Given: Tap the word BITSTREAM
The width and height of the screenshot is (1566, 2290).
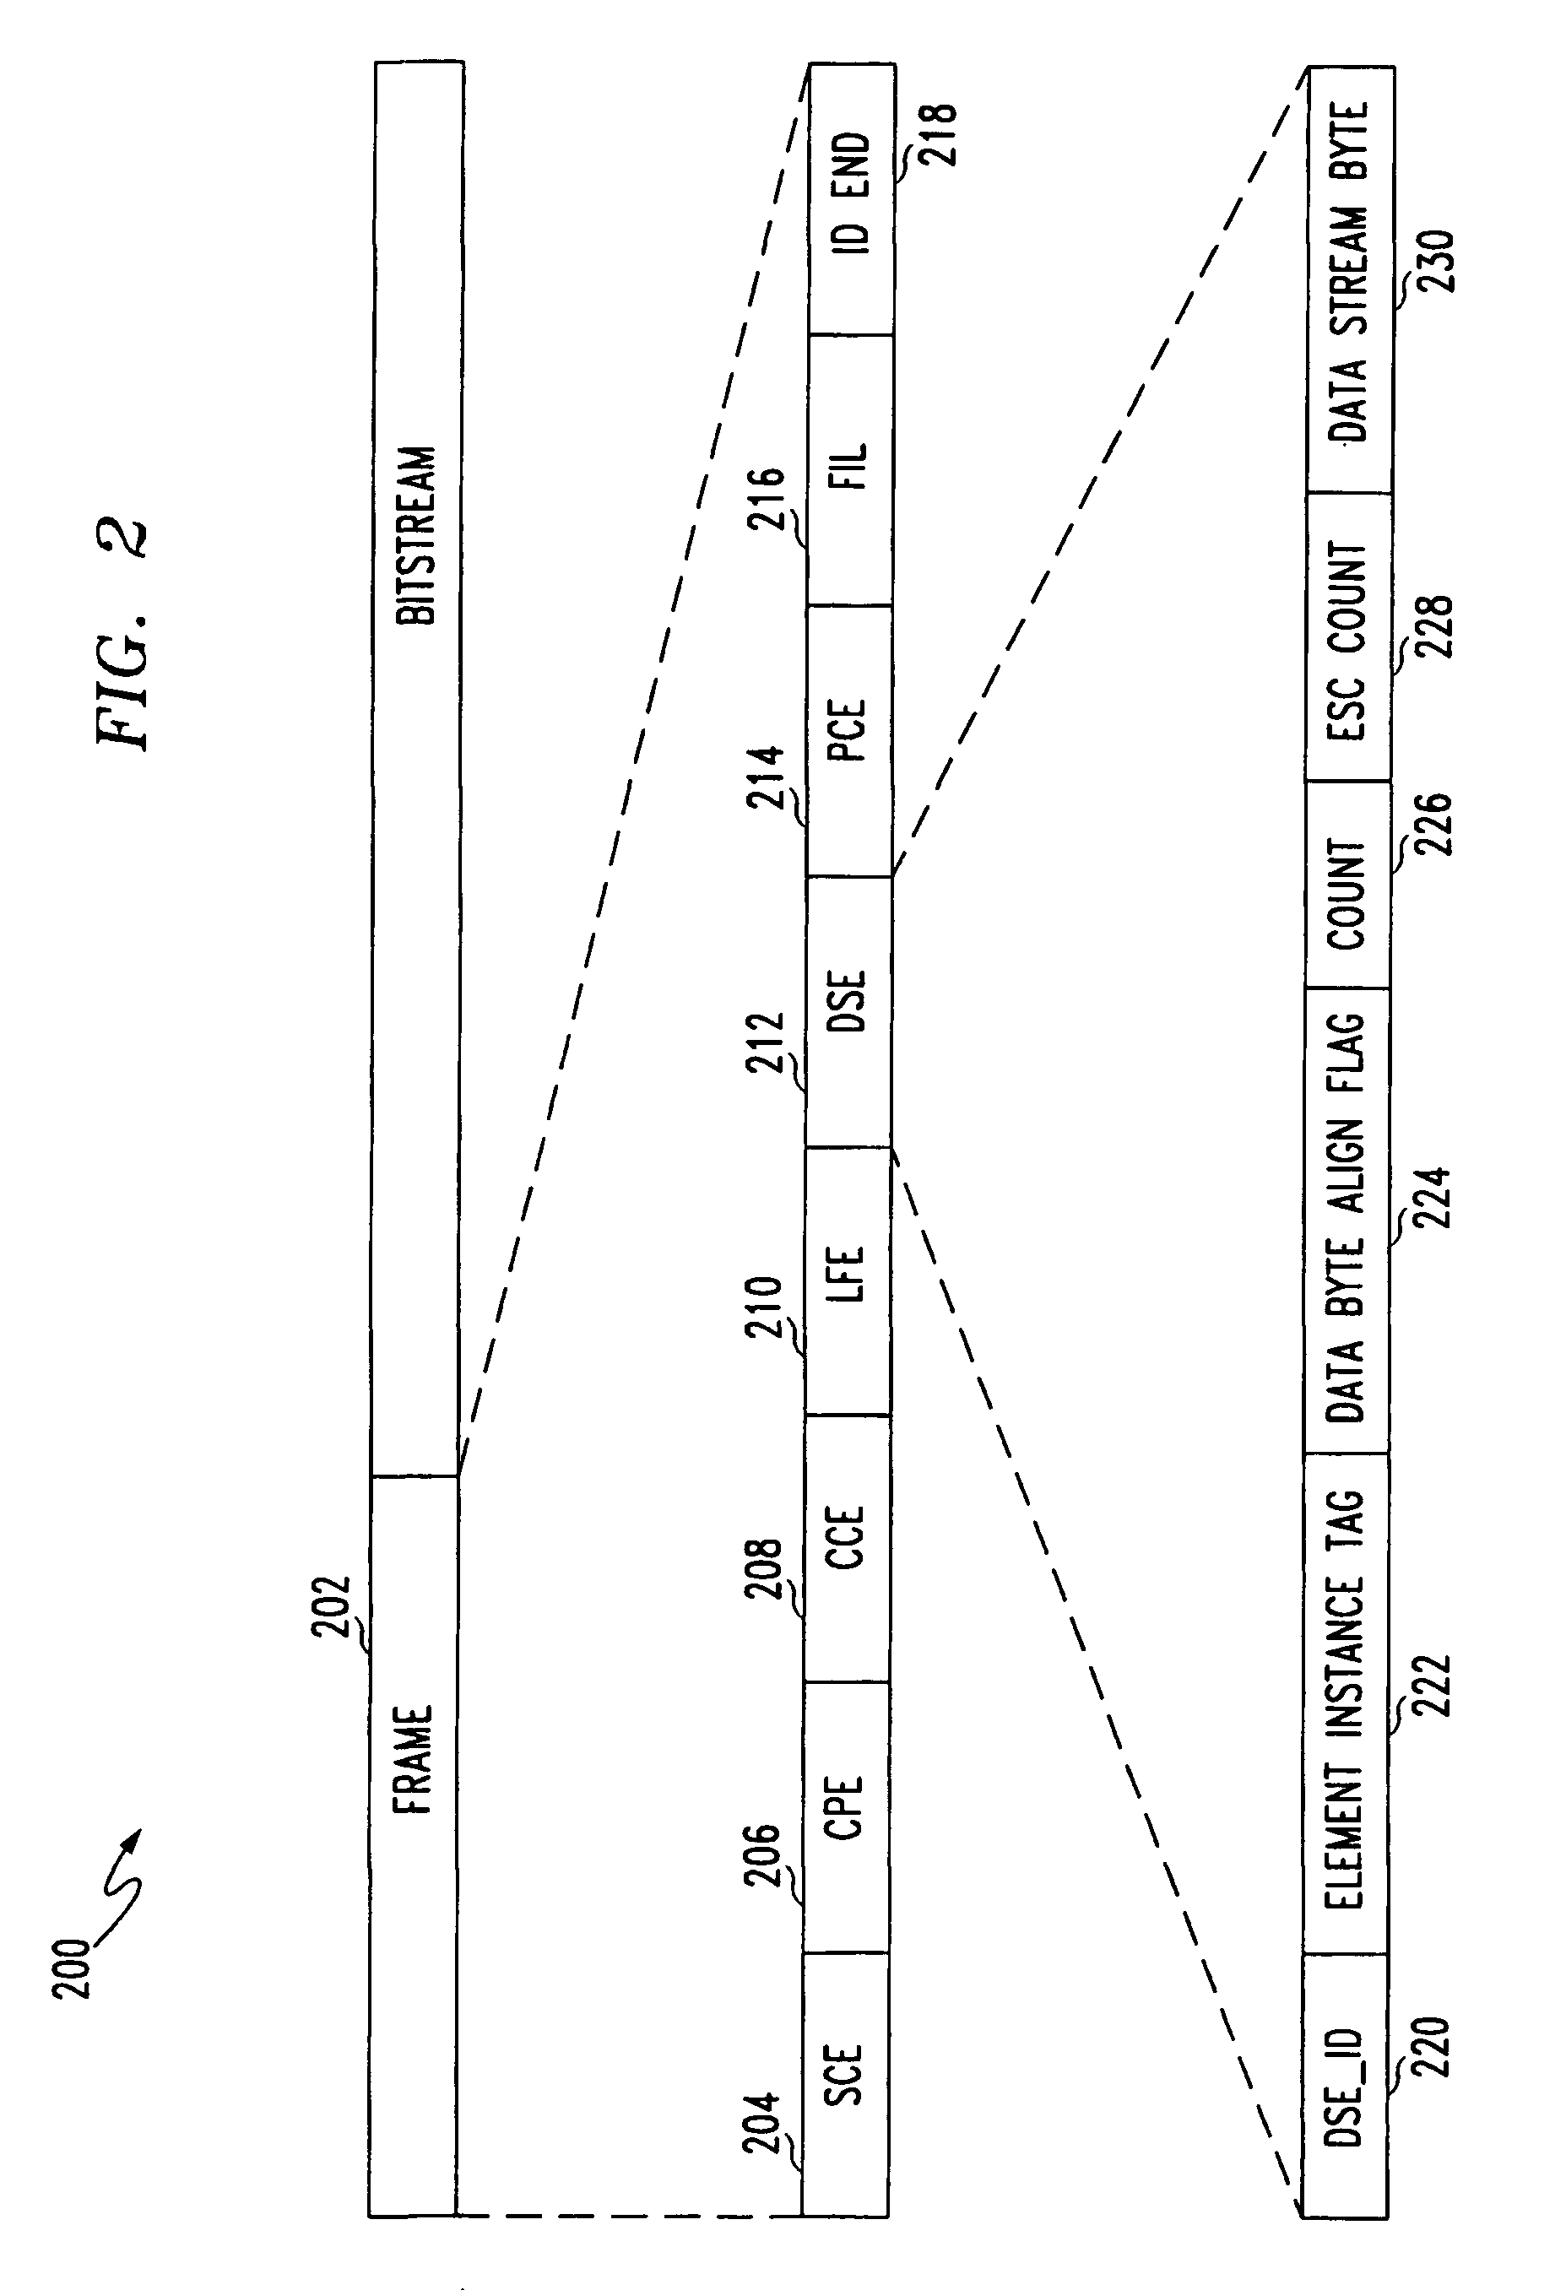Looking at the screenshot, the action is pyautogui.click(x=416, y=535).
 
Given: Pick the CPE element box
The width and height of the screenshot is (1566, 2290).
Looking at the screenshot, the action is pyautogui.click(x=846, y=1816).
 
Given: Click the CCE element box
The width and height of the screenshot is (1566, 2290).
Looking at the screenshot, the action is pyautogui.click(x=847, y=1548).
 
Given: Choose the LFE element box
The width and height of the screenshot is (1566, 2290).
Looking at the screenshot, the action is pyautogui.click(x=848, y=1281).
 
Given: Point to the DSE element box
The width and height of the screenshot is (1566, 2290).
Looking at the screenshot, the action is pyautogui.click(x=848, y=1012).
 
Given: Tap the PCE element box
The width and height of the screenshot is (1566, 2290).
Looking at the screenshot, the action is pyautogui.click(x=849, y=740).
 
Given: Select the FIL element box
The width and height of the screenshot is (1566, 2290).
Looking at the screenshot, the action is pyautogui.click(x=850, y=469).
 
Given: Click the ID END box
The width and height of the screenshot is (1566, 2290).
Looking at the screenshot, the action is pyautogui.click(x=852, y=199).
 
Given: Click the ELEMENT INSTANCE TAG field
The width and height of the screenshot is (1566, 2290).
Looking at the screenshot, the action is pyautogui.click(x=1347, y=1703).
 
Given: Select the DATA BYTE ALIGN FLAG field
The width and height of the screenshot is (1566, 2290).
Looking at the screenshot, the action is pyautogui.click(x=1347, y=1220).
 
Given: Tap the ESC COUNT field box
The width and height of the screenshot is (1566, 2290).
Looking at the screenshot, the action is pyautogui.click(x=1349, y=636).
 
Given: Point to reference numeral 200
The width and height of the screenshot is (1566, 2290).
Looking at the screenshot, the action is pyautogui.click(x=72, y=1968).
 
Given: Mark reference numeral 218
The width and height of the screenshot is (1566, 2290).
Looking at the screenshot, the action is pyautogui.click(x=937, y=135).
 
